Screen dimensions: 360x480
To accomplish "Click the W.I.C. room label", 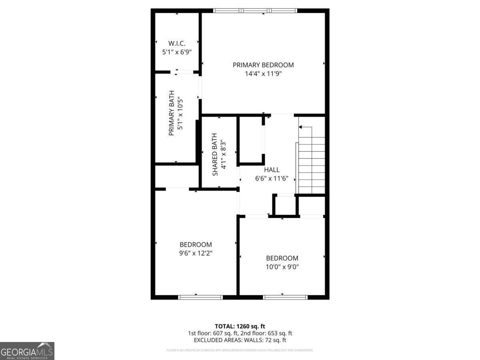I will (176, 43).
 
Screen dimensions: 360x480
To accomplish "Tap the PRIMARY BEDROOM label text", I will (263, 65).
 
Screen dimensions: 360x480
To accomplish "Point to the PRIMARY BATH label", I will (171, 113).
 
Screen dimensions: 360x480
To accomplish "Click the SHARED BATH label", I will (215, 154).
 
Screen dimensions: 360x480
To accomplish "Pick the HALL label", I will (272, 170).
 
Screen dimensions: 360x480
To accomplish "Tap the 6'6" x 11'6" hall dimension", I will (272, 178).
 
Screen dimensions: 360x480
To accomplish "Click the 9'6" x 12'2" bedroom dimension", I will (196, 253).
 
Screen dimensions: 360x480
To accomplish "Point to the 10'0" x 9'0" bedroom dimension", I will (282, 267).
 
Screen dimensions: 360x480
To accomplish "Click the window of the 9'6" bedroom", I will (200, 297).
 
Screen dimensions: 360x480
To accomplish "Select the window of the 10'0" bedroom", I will (285, 297).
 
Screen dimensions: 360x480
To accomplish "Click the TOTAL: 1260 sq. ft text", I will (240, 326).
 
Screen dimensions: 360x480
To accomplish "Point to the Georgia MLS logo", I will (27, 351).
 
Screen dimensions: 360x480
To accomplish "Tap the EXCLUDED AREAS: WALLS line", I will (240, 340).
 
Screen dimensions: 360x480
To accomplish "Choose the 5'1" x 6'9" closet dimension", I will (176, 52).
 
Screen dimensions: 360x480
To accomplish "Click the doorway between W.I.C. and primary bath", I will (183, 72).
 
